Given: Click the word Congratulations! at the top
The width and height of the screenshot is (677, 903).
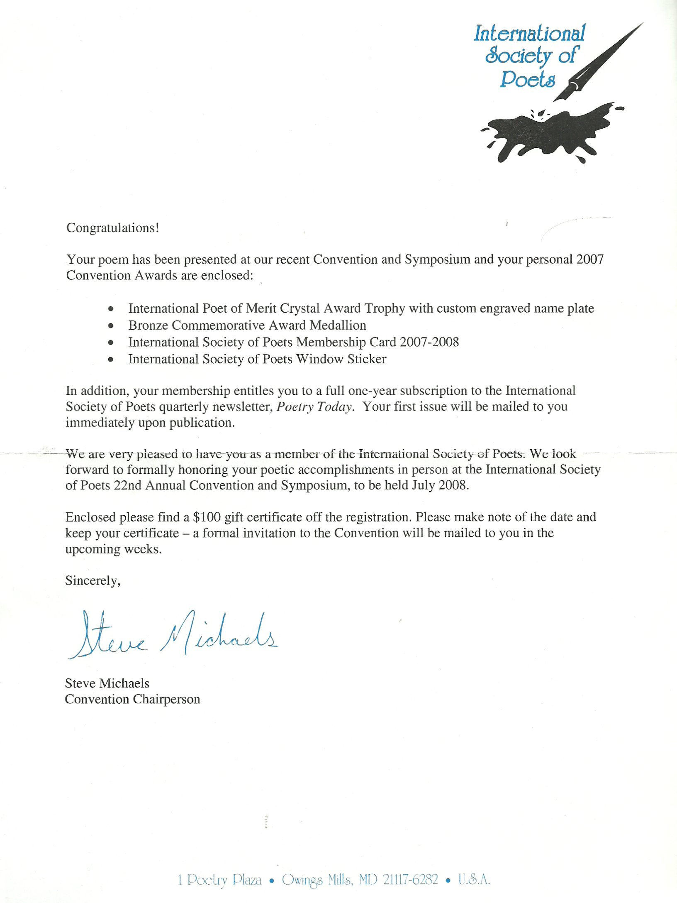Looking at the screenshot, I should (x=112, y=228).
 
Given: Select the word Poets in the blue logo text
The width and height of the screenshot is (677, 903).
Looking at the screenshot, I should (x=527, y=79).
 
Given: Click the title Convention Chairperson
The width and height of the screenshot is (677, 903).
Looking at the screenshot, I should (x=132, y=699).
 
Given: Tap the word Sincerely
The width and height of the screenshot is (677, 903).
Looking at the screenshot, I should (x=93, y=580).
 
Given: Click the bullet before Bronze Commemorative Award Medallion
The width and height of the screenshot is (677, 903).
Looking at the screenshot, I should (x=110, y=326).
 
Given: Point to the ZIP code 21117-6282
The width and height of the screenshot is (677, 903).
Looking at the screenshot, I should (x=410, y=879).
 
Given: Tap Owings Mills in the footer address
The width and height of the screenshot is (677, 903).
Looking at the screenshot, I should (x=317, y=879).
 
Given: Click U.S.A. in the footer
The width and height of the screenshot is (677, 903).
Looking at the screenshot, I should (x=474, y=879).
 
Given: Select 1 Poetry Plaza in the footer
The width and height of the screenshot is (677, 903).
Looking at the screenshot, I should (x=220, y=879).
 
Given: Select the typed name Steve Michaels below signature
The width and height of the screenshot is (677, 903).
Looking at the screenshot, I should (x=107, y=683).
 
